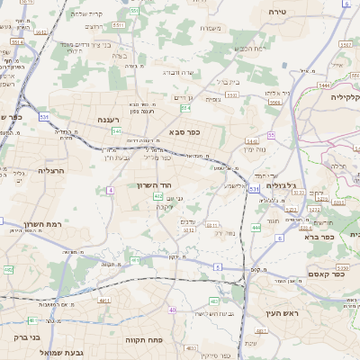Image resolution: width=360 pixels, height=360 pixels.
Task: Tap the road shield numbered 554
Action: (185, 108)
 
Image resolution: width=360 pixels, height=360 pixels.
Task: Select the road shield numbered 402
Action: (158, 195)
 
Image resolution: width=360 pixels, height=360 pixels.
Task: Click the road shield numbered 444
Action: (256, 228)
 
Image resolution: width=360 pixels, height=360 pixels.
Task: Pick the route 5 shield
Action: (217, 267)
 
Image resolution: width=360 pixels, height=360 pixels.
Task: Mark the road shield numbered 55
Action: (270, 135)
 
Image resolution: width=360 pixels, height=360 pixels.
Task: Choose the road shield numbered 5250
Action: (342, 268)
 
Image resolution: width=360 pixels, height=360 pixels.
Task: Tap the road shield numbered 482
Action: (9, 269)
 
